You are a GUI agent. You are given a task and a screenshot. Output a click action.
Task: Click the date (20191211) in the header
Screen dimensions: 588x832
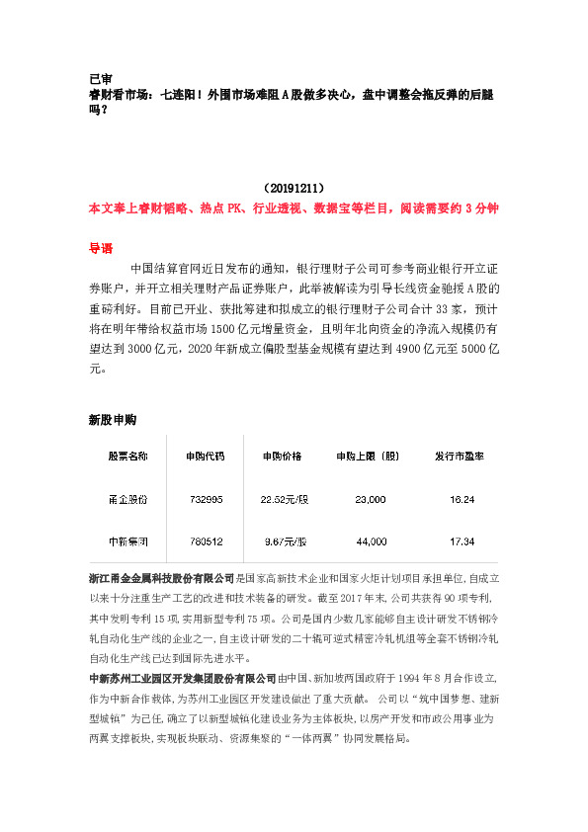tap(294, 187)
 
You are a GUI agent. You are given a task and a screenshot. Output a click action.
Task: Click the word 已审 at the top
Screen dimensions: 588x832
tap(99, 79)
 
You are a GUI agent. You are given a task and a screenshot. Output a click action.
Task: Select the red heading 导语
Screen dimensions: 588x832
tap(101, 249)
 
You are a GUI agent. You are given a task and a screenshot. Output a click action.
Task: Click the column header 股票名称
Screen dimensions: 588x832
tap(127, 457)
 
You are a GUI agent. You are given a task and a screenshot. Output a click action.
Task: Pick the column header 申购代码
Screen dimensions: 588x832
tap(205, 457)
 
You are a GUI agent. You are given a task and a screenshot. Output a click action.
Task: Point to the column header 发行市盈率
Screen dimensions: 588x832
tap(461, 457)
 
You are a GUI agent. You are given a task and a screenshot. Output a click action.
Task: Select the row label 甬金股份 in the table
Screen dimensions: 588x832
tap(127, 500)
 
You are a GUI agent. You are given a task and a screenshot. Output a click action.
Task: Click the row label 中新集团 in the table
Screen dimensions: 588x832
tap(127, 542)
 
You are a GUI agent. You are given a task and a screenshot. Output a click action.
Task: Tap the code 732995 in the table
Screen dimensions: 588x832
tap(206, 500)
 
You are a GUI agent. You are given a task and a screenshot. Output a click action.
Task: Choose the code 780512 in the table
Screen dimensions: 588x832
tap(206, 542)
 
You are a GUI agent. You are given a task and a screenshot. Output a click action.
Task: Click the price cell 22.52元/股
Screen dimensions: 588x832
tap(284, 500)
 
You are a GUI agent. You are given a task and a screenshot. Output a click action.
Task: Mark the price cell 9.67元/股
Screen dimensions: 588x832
tap(284, 542)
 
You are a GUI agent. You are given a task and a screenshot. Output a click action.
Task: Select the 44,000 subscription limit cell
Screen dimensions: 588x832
tap(371, 542)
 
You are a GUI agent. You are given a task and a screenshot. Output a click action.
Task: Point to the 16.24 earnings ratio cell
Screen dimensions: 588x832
tap(462, 500)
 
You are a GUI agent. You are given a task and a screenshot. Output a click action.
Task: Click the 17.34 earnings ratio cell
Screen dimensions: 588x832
tap(462, 542)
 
